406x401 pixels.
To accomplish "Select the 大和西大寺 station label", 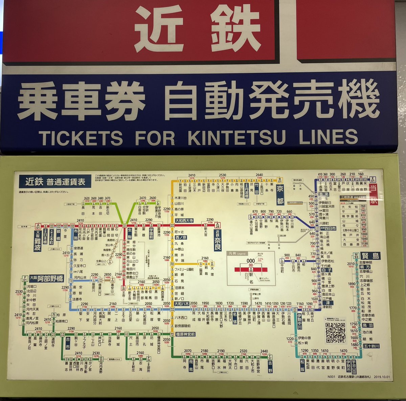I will pyautogui.click(x=184, y=220).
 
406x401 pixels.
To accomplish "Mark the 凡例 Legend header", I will pyautogui.click(x=239, y=253).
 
